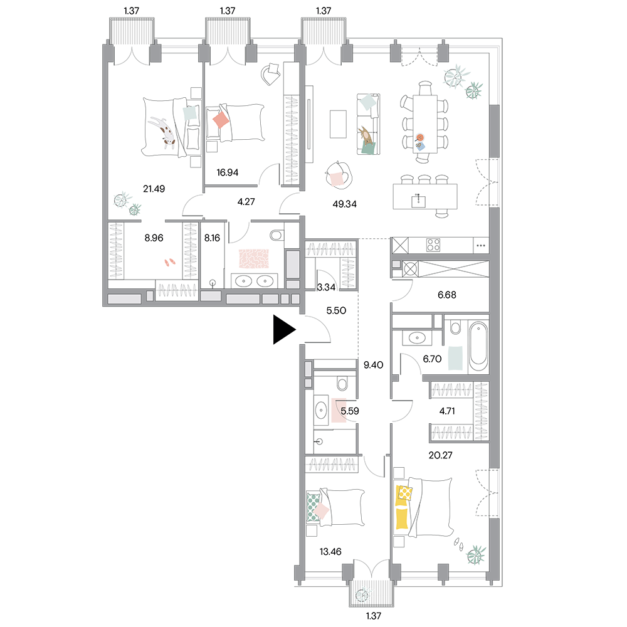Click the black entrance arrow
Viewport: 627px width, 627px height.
tap(284, 330)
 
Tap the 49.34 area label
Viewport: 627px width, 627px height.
tap(344, 204)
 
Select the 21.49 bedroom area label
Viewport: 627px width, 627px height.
tap(154, 189)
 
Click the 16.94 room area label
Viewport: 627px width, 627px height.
tap(227, 172)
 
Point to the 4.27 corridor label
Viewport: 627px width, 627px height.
tap(246, 201)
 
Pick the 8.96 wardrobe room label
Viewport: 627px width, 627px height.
tap(154, 238)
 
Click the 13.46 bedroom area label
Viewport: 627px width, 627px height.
tap(330, 552)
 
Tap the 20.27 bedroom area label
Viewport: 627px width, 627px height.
tap(440, 455)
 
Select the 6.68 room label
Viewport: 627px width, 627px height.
tap(446, 295)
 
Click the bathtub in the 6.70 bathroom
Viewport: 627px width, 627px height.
tap(478, 347)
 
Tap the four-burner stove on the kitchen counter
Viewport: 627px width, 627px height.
tap(433, 245)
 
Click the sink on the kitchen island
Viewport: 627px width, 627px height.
tap(418, 201)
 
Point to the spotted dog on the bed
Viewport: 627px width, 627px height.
tap(163, 132)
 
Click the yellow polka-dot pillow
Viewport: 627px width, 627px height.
tap(405, 492)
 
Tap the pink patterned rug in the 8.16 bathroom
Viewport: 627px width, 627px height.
tap(253, 259)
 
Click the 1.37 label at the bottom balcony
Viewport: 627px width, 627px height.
tap(373, 616)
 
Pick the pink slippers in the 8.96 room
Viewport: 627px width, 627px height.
tap(170, 262)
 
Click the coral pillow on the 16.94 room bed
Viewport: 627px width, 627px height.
tap(220, 120)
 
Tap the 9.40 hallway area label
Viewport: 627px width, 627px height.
tap(373, 365)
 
